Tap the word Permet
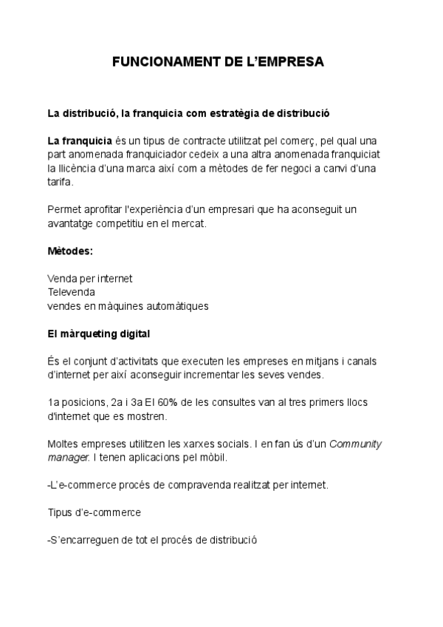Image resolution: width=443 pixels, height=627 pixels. (x=63, y=209)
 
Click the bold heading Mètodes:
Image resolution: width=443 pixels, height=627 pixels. (x=70, y=251)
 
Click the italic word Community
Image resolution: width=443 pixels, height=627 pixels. (x=355, y=444)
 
